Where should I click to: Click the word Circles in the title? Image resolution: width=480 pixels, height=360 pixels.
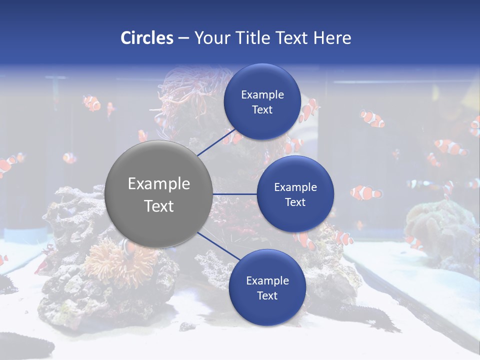146,38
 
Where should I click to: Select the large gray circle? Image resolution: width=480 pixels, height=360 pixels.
159,194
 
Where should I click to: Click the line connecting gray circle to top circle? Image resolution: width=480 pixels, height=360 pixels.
217,141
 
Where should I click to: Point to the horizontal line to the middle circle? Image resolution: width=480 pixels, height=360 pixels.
234,194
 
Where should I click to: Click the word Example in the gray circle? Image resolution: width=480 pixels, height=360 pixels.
159,183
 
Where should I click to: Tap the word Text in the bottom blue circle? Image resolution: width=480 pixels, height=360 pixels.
267,295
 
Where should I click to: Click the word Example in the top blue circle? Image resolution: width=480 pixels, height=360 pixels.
262,94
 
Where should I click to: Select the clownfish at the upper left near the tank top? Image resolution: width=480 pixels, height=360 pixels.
92,102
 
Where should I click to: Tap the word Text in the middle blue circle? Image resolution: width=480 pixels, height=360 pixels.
295,202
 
